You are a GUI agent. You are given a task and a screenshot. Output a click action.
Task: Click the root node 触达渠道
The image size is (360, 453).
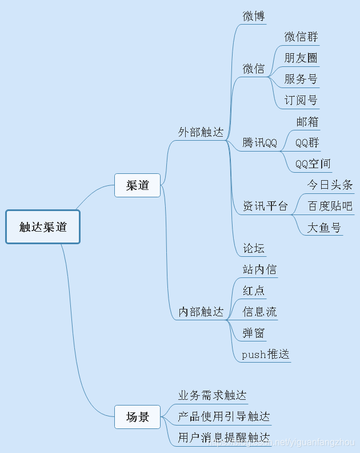43,227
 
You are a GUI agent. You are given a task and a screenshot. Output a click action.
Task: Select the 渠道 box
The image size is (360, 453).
137,185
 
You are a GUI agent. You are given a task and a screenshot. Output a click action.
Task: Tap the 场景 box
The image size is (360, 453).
137,417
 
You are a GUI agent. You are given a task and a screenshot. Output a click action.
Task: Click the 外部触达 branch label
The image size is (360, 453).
201,132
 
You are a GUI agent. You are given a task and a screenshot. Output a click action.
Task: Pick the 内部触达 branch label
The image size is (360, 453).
201,312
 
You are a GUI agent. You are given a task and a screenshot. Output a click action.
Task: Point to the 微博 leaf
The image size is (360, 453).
254,16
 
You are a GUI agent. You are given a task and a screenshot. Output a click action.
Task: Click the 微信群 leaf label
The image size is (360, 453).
301,37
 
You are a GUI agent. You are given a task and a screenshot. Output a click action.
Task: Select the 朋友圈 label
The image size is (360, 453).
301,58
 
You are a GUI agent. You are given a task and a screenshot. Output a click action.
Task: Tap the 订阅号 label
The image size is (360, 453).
301,100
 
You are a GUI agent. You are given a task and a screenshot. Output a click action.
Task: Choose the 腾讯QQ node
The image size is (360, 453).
259,142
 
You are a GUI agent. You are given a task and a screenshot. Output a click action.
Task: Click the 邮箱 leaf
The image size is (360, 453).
307,121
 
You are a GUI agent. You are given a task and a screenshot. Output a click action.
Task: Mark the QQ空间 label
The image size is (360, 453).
313,164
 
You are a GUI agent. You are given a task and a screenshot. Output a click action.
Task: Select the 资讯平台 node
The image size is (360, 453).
265,206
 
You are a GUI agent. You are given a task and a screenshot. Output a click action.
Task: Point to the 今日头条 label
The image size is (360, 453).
330,185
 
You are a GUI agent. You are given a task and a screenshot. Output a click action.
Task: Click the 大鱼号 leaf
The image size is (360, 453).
324,228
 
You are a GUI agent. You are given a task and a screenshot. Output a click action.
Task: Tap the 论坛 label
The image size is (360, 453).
254,248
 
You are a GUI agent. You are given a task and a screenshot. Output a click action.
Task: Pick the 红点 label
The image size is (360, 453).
254,291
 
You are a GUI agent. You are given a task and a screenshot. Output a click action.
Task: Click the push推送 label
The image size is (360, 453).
266,355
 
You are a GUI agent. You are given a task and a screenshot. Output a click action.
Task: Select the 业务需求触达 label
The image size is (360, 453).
213,395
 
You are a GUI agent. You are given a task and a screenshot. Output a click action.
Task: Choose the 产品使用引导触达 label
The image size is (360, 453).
224,416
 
